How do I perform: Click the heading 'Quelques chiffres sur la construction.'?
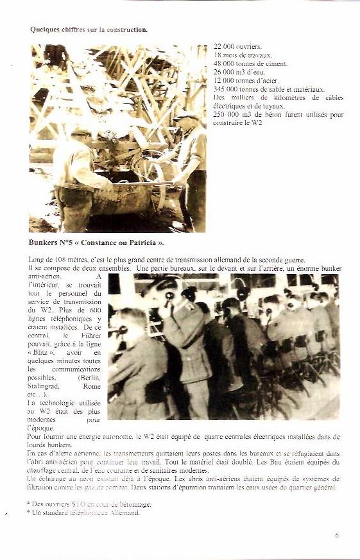pos(89,30)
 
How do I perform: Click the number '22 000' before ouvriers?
pos(223,47)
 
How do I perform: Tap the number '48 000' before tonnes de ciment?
pos(223,64)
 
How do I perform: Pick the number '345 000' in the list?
pos(225,89)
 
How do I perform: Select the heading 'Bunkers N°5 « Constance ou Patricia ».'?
pos(96,243)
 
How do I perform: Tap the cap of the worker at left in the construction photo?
pos(81,133)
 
